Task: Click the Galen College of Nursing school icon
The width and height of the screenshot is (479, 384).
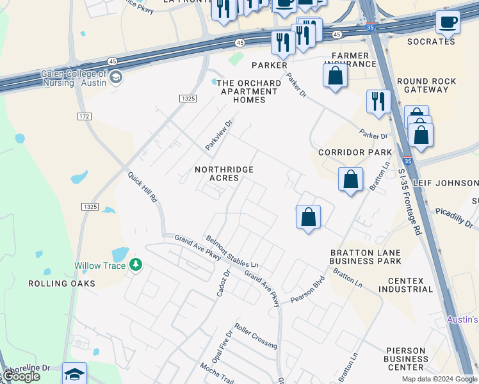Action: click(116, 78)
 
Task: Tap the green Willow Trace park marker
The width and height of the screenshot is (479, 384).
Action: click(135, 264)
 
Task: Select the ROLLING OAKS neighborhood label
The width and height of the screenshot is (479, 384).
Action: click(61, 283)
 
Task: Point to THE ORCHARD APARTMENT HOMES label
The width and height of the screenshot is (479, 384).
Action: click(248, 92)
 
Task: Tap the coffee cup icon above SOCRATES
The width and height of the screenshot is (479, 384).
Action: click(448, 22)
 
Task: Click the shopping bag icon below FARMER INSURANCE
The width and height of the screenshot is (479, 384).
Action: click(336, 76)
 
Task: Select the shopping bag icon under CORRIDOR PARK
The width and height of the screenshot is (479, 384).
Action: click(350, 180)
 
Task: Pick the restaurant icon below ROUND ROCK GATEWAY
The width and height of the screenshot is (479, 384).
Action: click(378, 101)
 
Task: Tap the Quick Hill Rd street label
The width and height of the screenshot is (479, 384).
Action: click(142, 187)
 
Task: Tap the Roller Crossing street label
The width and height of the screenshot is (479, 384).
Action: click(256, 335)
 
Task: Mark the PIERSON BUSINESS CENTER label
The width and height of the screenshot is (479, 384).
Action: click(406, 358)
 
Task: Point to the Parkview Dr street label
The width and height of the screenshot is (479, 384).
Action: click(218, 135)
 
